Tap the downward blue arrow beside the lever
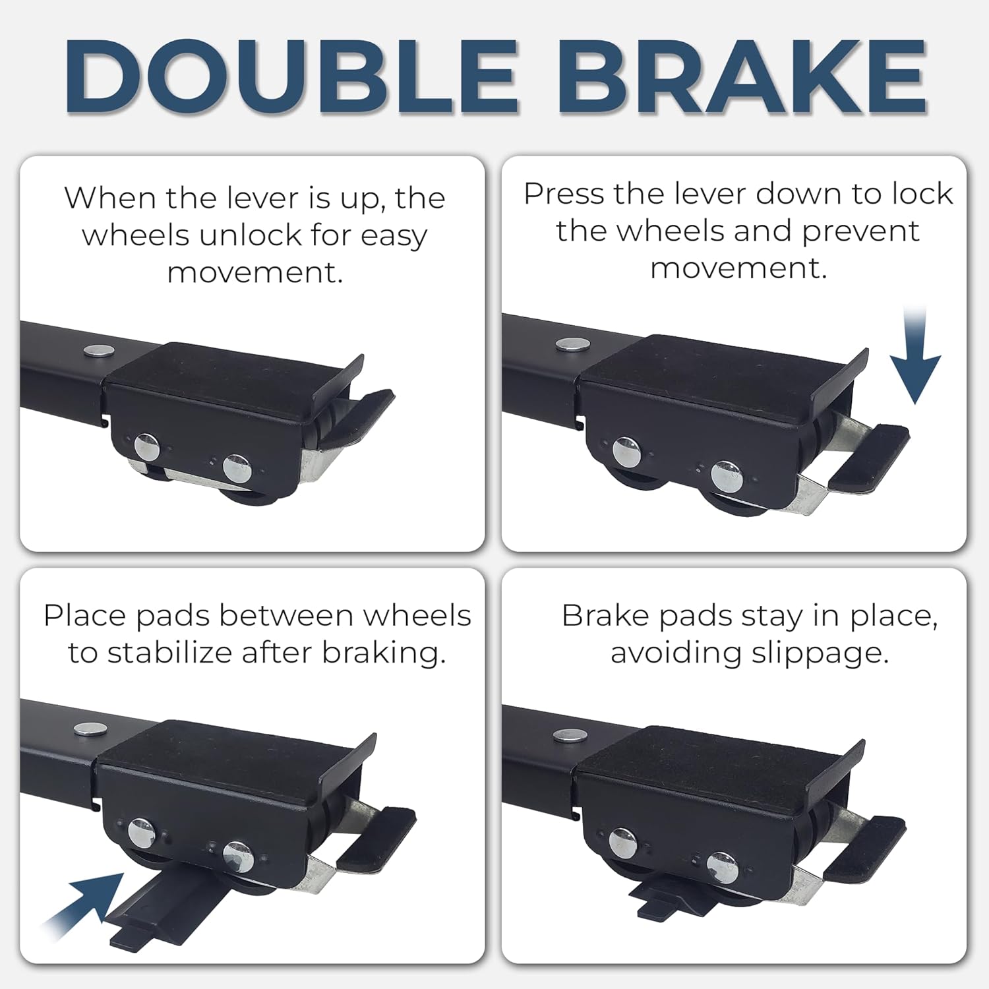[916, 355]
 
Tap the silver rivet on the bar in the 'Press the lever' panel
[570, 344]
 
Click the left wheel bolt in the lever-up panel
[146, 448]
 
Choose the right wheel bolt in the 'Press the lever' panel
[728, 476]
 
